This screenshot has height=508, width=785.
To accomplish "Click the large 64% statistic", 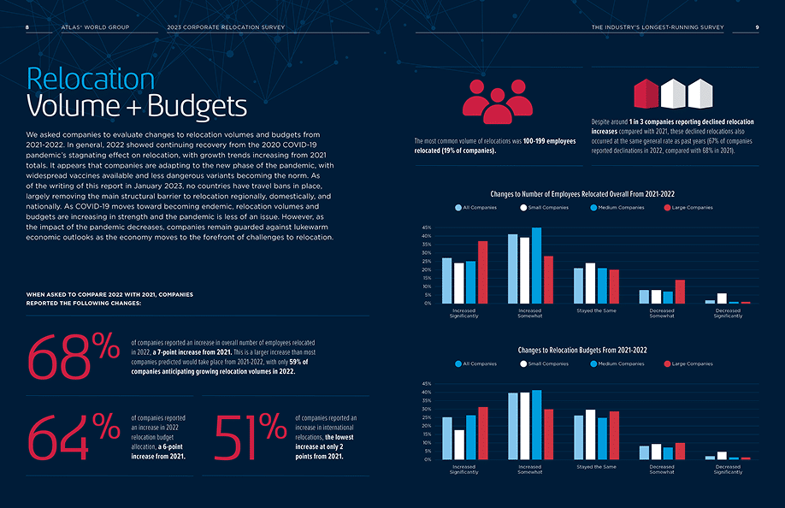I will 73,436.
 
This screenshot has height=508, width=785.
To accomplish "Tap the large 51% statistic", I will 250,436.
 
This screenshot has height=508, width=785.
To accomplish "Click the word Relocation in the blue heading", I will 91,79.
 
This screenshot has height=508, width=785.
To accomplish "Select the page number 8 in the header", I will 28,27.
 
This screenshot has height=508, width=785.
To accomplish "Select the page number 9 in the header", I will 757,27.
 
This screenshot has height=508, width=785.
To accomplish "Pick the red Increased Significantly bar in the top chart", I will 482,272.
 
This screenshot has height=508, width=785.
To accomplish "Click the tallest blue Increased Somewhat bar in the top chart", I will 536,265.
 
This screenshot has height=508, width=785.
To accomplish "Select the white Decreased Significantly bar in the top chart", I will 723,298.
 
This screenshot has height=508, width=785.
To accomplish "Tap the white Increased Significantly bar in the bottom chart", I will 459,445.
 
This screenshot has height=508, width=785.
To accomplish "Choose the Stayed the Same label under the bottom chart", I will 596,467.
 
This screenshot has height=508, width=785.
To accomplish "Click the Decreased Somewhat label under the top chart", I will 662,313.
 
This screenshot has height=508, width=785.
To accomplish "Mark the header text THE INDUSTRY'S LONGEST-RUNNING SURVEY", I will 658,27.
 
